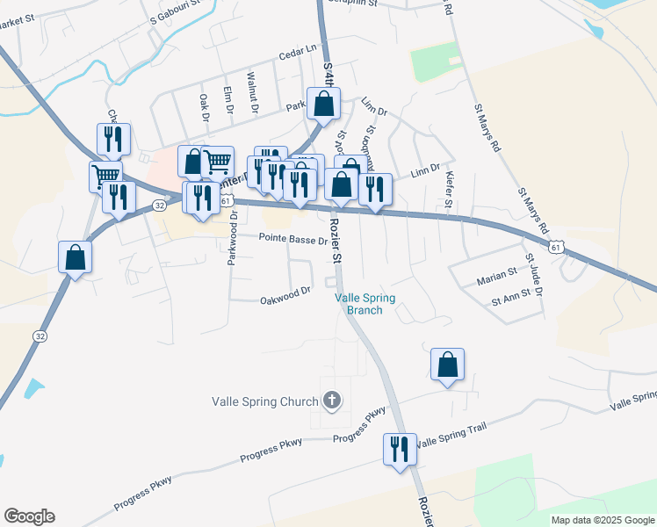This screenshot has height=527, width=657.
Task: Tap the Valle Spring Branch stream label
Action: pos(365,304)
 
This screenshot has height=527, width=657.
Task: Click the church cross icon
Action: pos(331,401)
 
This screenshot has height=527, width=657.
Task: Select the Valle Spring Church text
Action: pos(264,402)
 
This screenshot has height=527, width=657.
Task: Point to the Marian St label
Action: pos(496,278)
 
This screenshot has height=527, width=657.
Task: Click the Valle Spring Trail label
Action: pos(451,444)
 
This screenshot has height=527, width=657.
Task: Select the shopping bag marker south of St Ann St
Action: pos(447,365)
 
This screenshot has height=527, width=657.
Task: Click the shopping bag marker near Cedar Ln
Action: pos(323,104)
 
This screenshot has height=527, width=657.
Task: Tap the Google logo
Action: pos(28,516)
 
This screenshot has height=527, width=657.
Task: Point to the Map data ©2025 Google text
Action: pos(602,520)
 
